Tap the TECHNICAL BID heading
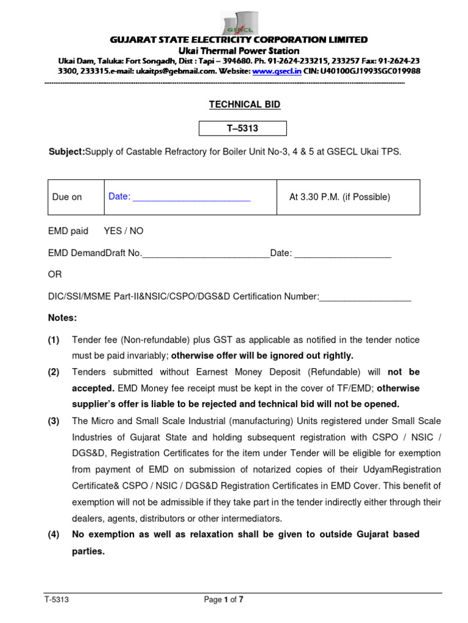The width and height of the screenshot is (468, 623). (x=236, y=105)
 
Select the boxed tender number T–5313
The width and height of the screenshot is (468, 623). (x=234, y=128)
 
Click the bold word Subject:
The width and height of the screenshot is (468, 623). (x=66, y=151)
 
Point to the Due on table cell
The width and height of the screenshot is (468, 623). (x=67, y=197)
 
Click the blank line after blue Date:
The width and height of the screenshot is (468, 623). (x=192, y=197)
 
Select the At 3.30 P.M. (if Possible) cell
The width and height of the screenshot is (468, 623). (x=339, y=197)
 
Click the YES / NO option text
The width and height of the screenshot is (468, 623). (x=124, y=231)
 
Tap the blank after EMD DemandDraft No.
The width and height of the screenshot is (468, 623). (x=205, y=253)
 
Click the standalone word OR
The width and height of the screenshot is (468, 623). (x=55, y=274)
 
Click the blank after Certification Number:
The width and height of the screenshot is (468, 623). (x=365, y=296)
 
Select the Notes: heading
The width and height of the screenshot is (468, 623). (x=62, y=318)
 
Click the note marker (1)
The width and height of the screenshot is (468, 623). (x=54, y=339)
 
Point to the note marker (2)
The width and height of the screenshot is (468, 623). (x=54, y=372)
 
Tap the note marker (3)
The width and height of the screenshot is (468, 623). (x=54, y=421)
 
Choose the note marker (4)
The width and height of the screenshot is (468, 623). (x=54, y=535)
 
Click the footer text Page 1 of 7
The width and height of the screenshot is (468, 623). (x=224, y=600)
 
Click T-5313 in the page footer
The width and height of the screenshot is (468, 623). (x=56, y=600)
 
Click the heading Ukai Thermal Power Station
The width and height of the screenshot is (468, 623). (x=238, y=50)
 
